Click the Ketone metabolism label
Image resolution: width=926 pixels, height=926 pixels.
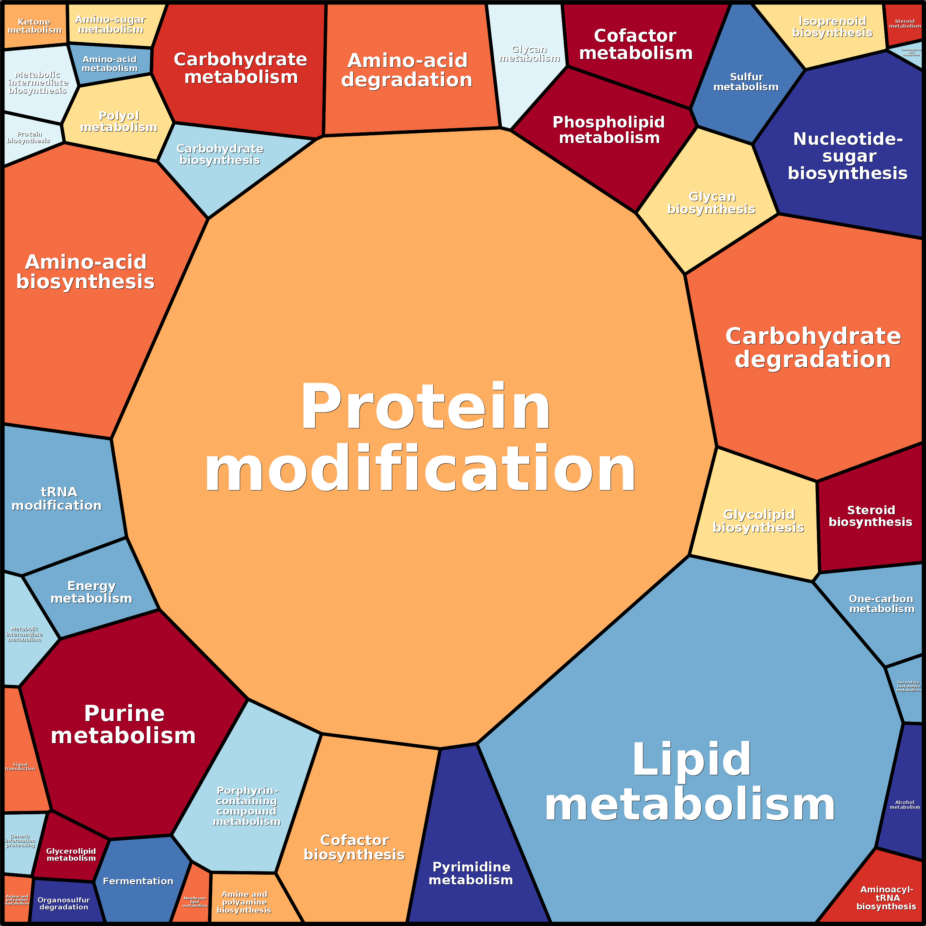[x=35, y=26]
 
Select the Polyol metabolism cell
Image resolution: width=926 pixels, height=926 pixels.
[x=118, y=121]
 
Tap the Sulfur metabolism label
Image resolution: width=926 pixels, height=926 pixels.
[x=746, y=82]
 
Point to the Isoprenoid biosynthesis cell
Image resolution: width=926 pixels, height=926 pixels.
[x=832, y=27]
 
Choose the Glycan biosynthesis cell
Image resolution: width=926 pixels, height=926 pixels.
[x=711, y=203]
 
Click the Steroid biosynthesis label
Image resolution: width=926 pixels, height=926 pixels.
[x=870, y=516]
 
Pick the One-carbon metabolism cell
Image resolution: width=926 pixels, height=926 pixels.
[x=881, y=604]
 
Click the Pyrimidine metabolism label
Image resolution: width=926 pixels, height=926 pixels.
[x=471, y=873]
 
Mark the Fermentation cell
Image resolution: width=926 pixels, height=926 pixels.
[x=138, y=881]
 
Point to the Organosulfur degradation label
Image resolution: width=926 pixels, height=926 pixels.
[x=64, y=904]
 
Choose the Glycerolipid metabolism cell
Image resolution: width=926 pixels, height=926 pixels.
[x=71, y=854]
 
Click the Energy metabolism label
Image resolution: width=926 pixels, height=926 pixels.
[x=91, y=592]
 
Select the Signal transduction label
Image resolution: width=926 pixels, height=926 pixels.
[x=20, y=766]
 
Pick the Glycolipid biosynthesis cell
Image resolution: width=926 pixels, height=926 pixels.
[x=758, y=521]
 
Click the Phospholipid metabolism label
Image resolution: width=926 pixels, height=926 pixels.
[x=609, y=130]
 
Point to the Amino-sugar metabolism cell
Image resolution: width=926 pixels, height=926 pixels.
[x=111, y=24]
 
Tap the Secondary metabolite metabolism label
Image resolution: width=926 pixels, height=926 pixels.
[x=908, y=686]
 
